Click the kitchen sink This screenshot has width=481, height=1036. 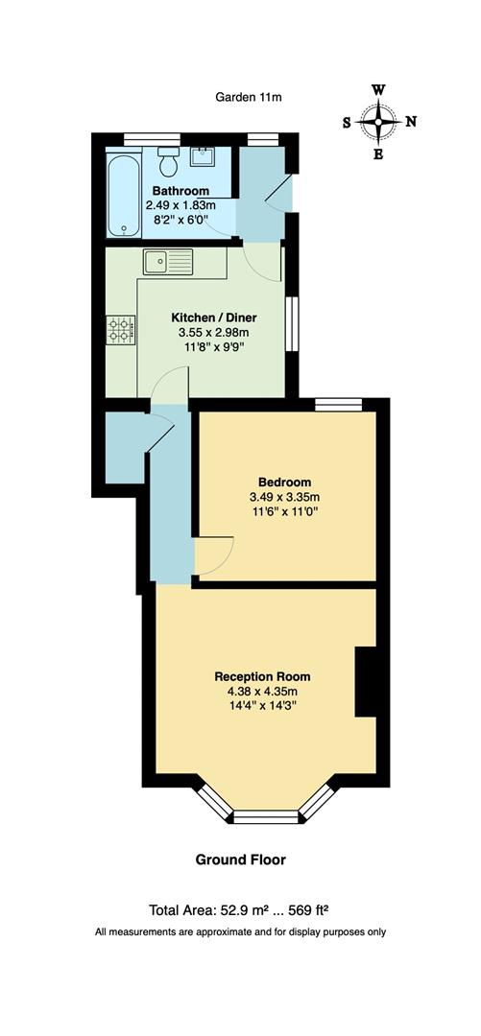167,259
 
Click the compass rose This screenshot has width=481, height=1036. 379,122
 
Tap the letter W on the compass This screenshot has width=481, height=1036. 379,90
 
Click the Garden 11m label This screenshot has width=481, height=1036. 249,97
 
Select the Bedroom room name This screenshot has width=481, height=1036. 284,482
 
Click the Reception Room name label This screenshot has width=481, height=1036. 262,676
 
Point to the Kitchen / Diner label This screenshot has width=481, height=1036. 214,318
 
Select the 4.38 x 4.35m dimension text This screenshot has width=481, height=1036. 262,692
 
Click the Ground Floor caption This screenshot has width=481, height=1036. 241,859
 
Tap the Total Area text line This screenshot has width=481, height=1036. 240,910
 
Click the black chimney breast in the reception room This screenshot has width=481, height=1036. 366,682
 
